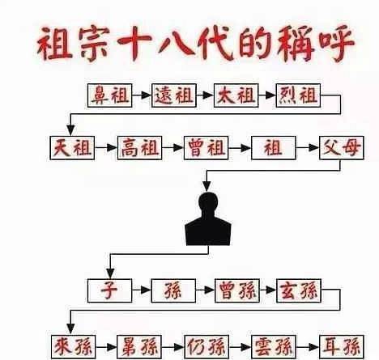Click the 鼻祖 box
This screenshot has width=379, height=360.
[x=110, y=95]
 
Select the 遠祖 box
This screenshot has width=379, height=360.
[x=174, y=95]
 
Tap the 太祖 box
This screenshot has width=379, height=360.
[x=236, y=95]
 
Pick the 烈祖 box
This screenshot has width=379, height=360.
[x=298, y=95]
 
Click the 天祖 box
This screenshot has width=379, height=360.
[x=72, y=148]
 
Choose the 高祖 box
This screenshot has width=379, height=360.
[x=139, y=148]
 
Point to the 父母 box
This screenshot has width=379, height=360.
[x=342, y=148]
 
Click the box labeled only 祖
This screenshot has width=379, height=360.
[x=274, y=148]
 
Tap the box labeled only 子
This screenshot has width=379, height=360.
[x=110, y=290]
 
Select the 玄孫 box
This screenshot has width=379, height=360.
[x=299, y=290]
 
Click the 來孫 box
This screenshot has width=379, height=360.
[x=74, y=347]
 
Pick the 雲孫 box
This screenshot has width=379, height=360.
[x=274, y=347]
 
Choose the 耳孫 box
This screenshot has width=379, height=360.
[x=342, y=347]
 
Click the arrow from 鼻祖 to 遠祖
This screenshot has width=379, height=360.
[x=142, y=95]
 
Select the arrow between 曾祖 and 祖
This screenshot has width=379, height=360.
[x=240, y=148]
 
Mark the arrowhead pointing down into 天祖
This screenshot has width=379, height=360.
[x=70, y=130]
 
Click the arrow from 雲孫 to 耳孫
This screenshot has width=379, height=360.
[x=308, y=347]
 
